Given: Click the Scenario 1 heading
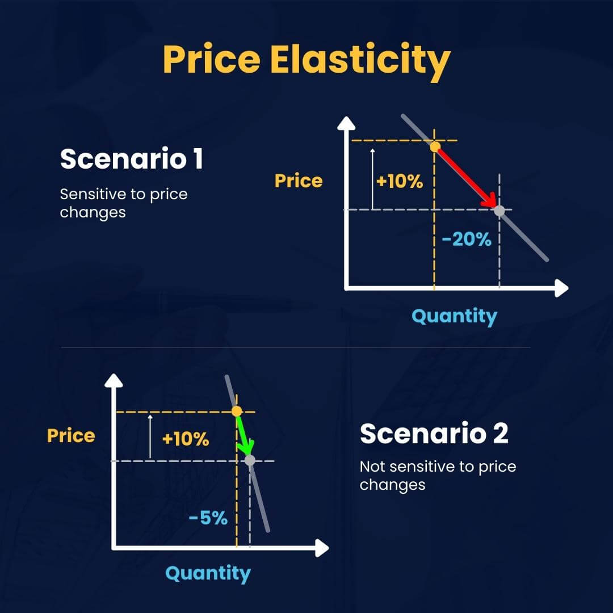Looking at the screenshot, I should click(x=131, y=159).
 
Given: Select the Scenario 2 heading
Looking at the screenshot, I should click(x=434, y=434).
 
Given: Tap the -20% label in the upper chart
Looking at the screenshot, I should click(x=466, y=240).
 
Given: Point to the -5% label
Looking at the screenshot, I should click(x=208, y=518).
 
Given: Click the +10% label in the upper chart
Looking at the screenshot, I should click(x=400, y=182).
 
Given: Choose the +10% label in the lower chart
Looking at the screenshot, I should click(x=186, y=439).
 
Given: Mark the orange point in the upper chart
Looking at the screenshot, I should click(x=435, y=147).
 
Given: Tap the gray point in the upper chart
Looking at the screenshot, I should click(x=499, y=211).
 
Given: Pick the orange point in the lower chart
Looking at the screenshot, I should click(x=237, y=411).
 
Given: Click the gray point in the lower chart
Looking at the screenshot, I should click(x=250, y=460).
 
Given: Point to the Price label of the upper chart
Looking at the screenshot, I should click(x=299, y=181).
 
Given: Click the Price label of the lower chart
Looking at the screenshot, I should click(x=71, y=436).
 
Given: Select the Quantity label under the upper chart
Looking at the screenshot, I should click(x=454, y=316).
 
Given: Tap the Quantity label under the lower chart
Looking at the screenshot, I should click(x=208, y=573).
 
